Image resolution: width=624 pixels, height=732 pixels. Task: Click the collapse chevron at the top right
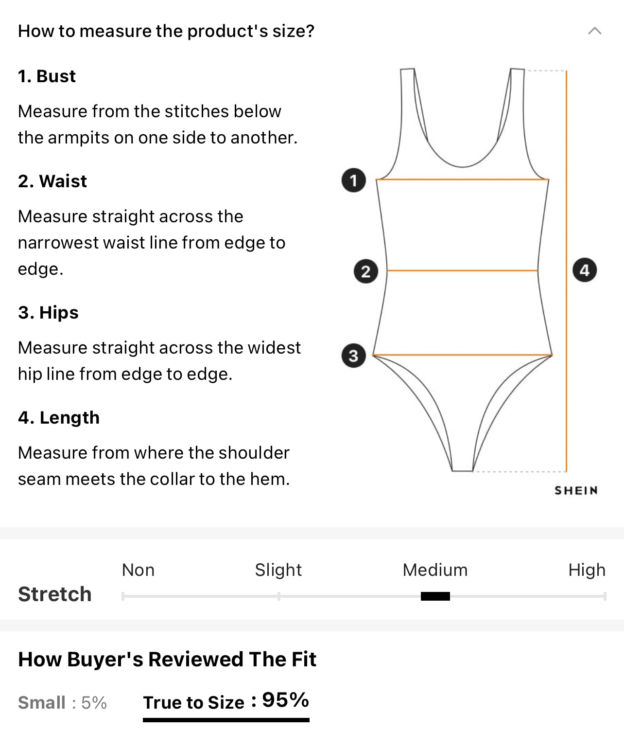click(595, 31)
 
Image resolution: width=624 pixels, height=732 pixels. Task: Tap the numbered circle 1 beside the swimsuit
click(354, 180)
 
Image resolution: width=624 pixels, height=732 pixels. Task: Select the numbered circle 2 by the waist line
click(366, 271)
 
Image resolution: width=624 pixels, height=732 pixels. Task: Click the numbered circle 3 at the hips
click(354, 356)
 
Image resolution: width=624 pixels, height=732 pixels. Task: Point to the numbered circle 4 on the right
click(585, 270)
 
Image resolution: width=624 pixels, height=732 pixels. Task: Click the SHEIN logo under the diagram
click(576, 490)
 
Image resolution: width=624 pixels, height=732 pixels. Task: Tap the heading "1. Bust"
click(47, 76)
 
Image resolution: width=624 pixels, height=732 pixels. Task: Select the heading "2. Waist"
click(52, 181)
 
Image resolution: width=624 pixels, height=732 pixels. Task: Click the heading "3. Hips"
click(48, 313)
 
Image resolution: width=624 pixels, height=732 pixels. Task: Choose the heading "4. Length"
click(59, 418)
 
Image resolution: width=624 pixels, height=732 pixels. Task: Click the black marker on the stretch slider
click(435, 596)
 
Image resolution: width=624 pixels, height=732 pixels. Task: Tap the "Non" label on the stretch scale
click(138, 570)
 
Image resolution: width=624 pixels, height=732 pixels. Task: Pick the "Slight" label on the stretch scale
click(278, 570)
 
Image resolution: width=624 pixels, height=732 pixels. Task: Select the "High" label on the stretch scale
click(587, 570)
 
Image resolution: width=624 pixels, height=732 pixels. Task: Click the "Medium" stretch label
click(435, 570)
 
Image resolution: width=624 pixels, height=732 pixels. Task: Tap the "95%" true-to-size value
click(286, 700)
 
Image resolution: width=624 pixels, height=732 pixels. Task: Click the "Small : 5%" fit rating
click(62, 703)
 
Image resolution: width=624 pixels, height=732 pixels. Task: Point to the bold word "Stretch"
click(55, 594)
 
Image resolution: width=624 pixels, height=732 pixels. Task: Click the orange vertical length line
click(566, 271)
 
